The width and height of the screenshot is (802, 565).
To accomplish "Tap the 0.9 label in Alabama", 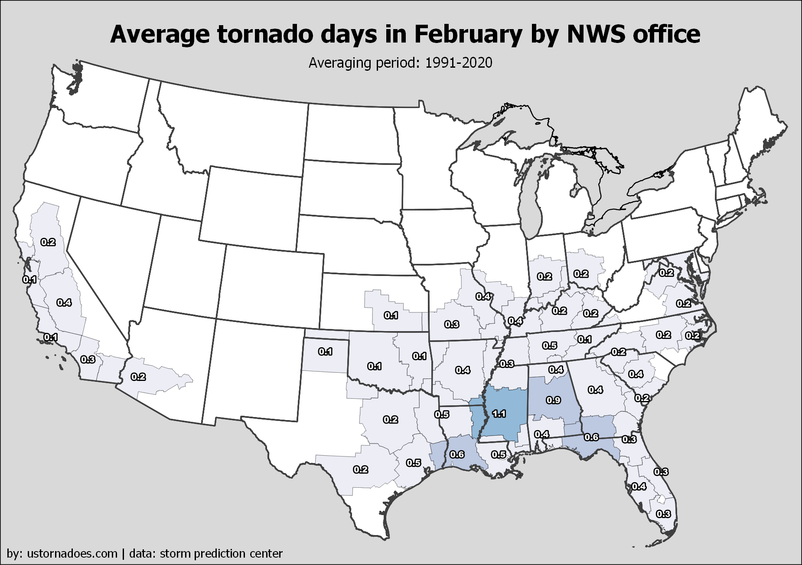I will pyautogui.click(x=554, y=400).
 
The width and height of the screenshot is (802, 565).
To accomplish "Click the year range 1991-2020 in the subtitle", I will pyautogui.click(x=459, y=63).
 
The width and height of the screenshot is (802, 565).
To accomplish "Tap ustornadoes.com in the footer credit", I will pyautogui.click(x=72, y=554).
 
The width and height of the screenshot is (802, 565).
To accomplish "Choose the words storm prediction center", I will pyautogui.click(x=221, y=554).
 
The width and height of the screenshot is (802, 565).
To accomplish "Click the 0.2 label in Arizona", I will pyautogui.click(x=138, y=377).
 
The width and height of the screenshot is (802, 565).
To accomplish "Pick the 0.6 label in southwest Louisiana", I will pyautogui.click(x=457, y=454).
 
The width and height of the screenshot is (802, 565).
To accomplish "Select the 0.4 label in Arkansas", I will pyautogui.click(x=463, y=370).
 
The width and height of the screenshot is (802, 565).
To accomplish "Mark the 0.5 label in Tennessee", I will pyautogui.click(x=550, y=345).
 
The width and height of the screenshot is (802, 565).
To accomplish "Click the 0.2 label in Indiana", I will pyautogui.click(x=544, y=276).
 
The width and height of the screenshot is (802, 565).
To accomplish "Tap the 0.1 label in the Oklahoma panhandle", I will pyautogui.click(x=326, y=351).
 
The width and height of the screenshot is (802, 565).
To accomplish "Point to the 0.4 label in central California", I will pyautogui.click(x=64, y=302).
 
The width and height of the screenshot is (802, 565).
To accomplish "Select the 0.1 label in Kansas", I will pyautogui.click(x=391, y=315).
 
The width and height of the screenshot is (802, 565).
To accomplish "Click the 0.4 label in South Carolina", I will pyautogui.click(x=636, y=374).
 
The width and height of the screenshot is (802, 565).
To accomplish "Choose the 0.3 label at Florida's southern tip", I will pyautogui.click(x=664, y=514).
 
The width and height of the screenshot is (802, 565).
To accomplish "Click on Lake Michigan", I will pyautogui.click(x=533, y=195).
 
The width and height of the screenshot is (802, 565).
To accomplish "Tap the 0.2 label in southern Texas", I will pyautogui.click(x=361, y=470).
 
